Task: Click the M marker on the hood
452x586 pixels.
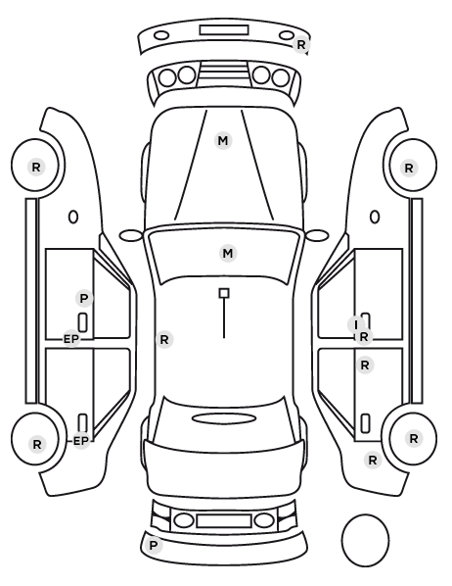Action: (223, 141)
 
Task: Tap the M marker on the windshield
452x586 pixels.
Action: (228, 254)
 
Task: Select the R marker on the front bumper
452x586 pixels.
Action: (300, 45)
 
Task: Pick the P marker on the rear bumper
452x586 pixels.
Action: (153, 545)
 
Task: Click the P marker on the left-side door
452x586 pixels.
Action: (84, 299)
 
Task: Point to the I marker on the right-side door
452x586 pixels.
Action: (356, 324)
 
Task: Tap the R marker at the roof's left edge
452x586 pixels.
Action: (164, 340)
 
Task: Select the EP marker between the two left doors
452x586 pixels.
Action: (71, 339)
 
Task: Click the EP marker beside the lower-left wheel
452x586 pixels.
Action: (81, 441)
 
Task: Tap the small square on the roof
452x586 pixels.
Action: (224, 293)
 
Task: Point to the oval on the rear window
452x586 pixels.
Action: (224, 418)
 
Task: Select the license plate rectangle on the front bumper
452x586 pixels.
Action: (224, 30)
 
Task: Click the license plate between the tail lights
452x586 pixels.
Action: (224, 521)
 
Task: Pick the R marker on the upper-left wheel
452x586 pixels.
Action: (36, 167)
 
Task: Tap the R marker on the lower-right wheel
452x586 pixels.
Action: (413, 438)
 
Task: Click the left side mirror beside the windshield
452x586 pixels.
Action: (131, 236)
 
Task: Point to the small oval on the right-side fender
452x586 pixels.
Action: (375, 217)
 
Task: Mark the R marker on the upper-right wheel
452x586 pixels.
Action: (409, 169)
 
